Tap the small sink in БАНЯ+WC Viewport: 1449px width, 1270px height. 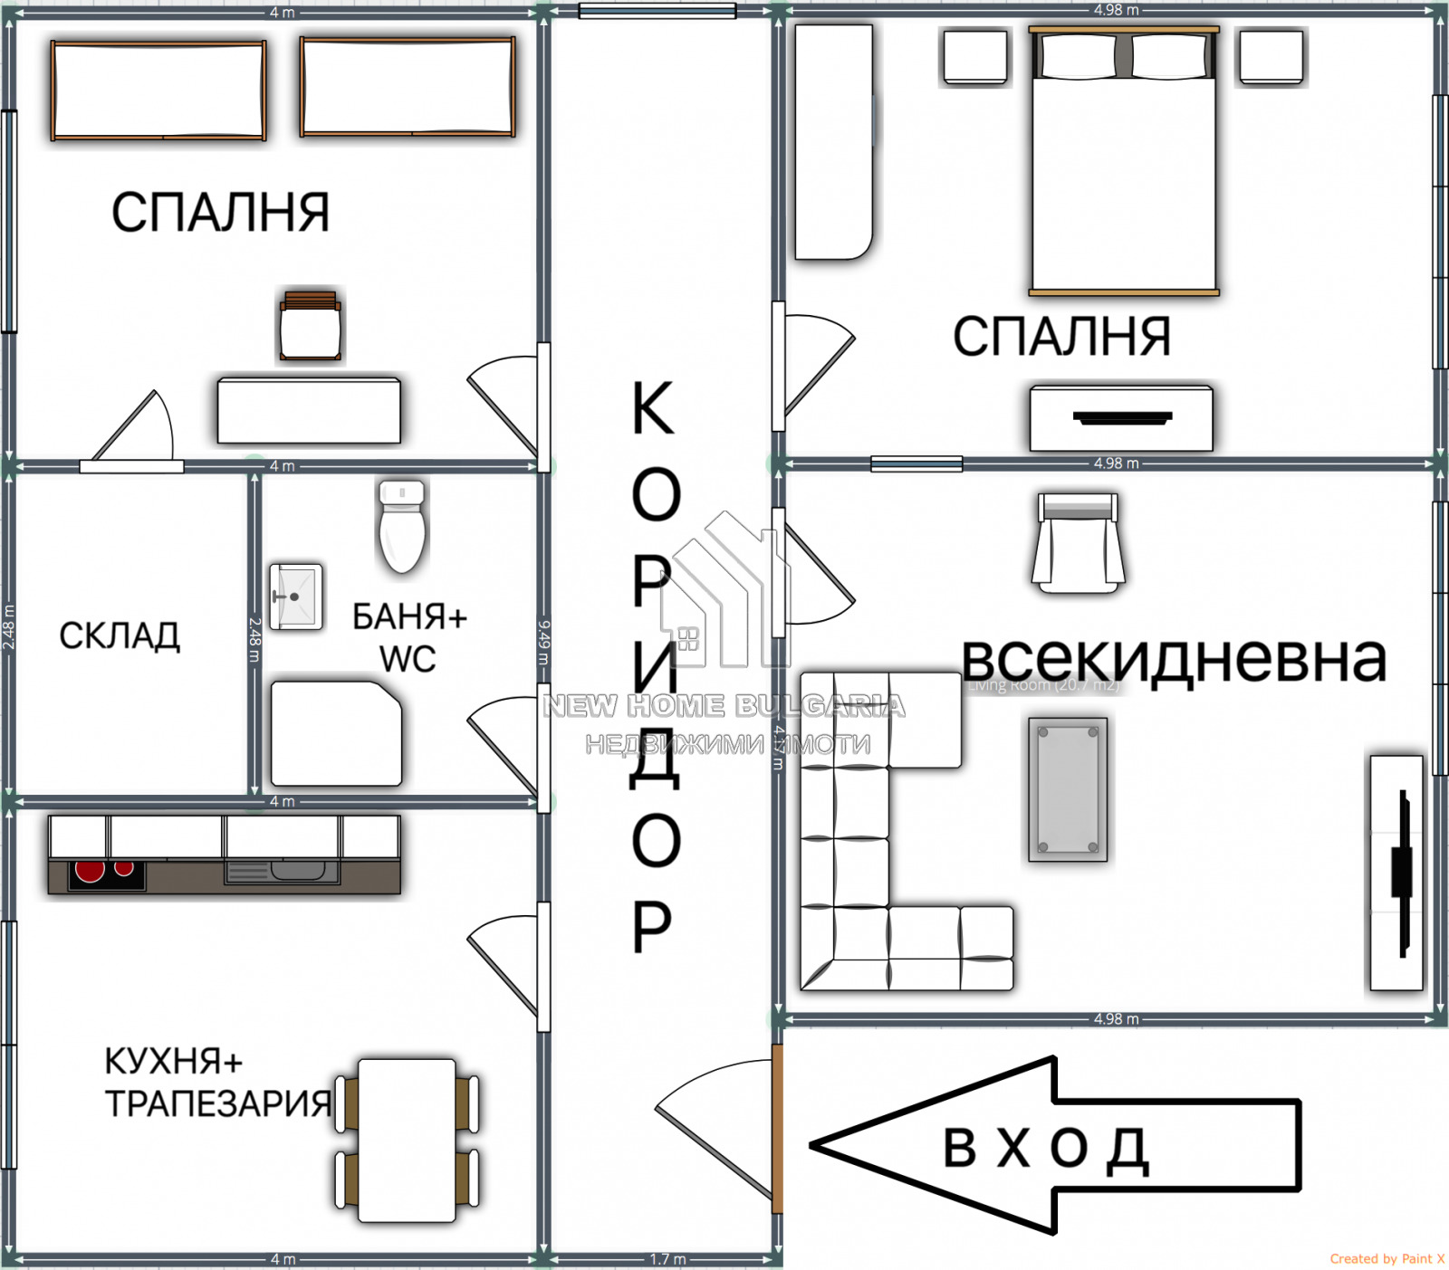point(295,597)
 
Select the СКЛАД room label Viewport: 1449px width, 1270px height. point(120,636)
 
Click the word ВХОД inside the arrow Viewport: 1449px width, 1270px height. point(1045,1148)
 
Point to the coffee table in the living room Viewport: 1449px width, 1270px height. point(1068,788)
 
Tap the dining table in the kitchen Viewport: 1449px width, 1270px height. point(407,1140)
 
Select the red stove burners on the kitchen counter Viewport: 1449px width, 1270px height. point(104,872)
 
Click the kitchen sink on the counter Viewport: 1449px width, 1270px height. point(283,872)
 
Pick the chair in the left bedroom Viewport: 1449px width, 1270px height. point(311,327)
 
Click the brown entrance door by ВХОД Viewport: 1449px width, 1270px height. point(777,1128)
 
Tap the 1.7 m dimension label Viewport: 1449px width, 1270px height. point(668,1259)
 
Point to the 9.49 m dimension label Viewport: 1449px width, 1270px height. point(543,642)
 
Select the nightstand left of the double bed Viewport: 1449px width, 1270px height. point(975,58)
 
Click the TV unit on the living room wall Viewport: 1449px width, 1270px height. point(1396,873)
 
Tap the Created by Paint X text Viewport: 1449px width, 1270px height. point(1387,1258)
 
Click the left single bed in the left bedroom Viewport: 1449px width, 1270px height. point(158,91)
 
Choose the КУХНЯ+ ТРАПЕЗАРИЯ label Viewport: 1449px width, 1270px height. point(217,1082)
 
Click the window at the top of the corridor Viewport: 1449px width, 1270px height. point(657,12)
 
